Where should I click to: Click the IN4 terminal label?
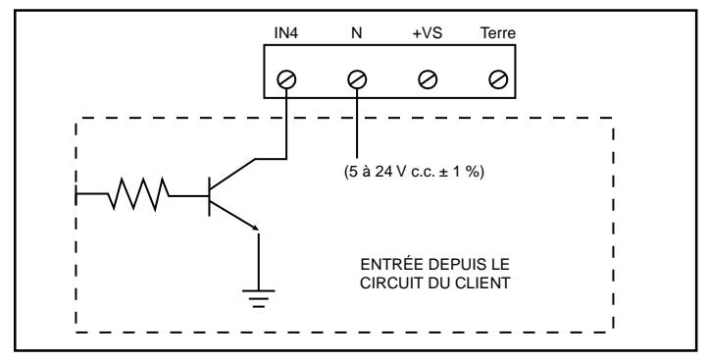click(286, 33)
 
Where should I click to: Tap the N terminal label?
click(357, 33)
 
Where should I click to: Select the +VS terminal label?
click(428, 33)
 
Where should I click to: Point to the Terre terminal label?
click(498, 33)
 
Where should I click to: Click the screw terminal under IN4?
click(286, 80)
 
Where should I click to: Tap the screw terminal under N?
click(357, 80)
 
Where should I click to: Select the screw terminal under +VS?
click(428, 80)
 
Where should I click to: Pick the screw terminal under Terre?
click(498, 80)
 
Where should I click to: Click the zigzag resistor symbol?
click(139, 194)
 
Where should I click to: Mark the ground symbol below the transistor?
click(258, 298)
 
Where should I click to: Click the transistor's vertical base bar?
click(209, 196)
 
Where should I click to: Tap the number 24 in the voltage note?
click(382, 172)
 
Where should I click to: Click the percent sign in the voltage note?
click(474, 172)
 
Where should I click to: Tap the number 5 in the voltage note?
click(353, 172)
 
